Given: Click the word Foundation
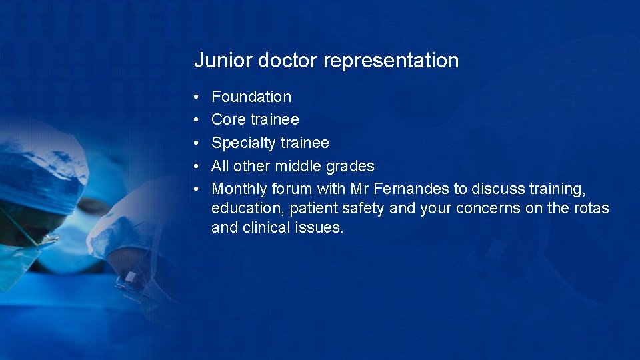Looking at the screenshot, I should [251, 97].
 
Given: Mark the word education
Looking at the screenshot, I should [248, 209].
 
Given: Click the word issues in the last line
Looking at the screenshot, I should [320, 228].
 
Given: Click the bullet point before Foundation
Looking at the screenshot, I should [197, 97].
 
